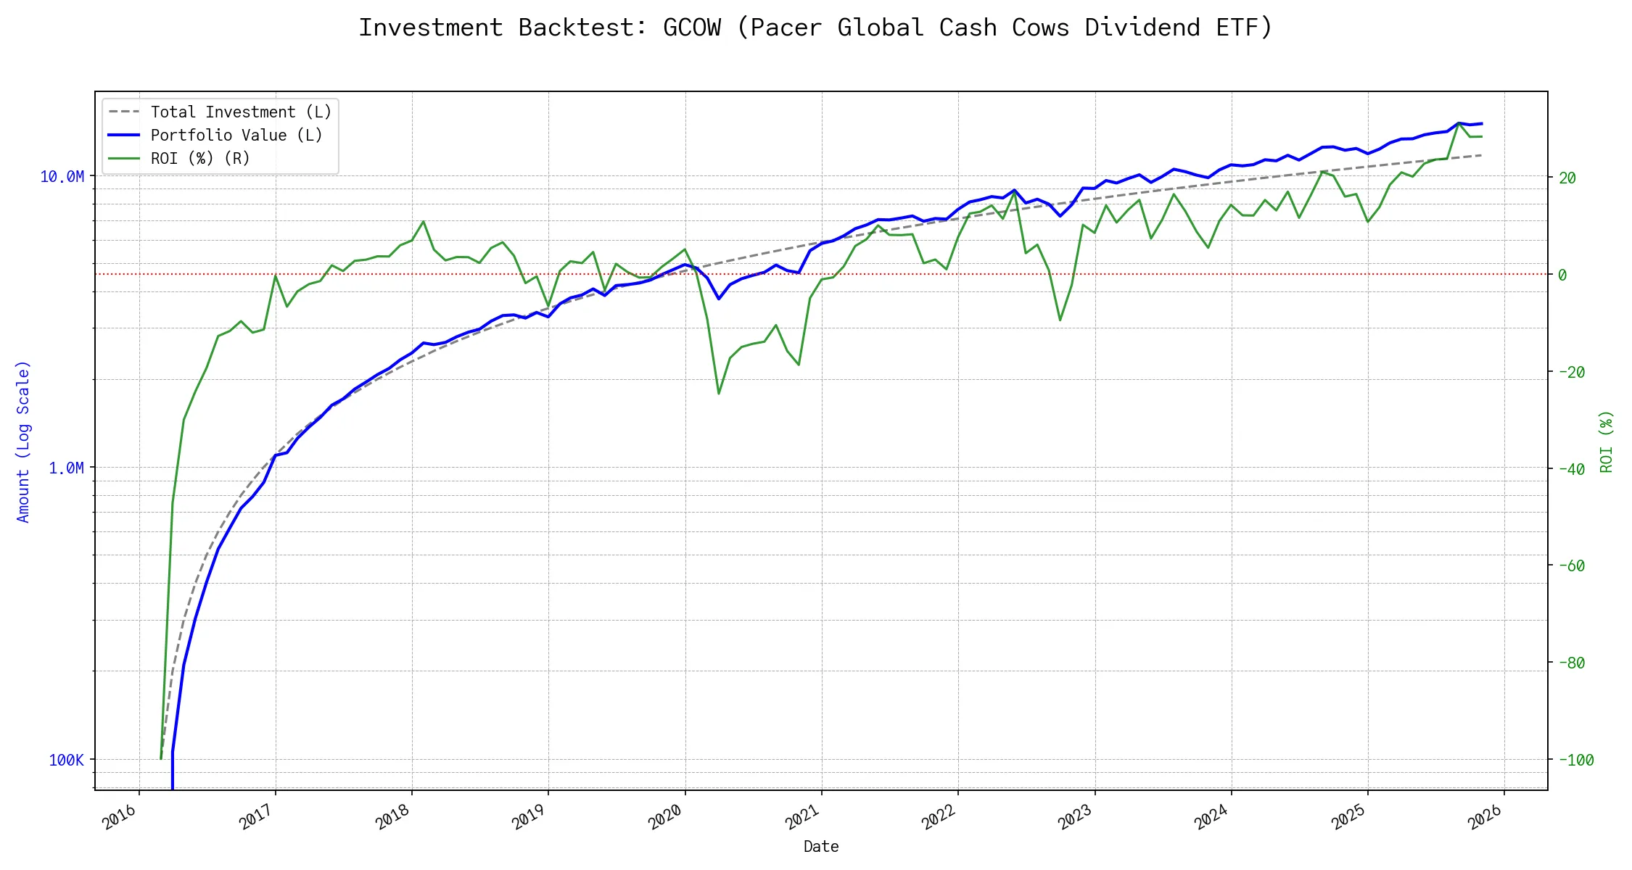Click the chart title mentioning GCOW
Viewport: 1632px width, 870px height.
(815, 28)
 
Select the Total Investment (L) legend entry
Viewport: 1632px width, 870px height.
(241, 112)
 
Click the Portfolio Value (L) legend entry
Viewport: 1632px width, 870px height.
(236, 136)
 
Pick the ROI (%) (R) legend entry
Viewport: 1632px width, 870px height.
(200, 159)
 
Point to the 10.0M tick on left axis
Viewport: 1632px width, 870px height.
(62, 177)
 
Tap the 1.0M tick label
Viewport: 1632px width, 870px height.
(66, 468)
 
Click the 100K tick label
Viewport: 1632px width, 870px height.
(66, 760)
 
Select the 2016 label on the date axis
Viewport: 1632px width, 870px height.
(120, 817)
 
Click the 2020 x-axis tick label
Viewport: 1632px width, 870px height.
(666, 817)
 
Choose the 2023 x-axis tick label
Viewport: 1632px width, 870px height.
(1076, 817)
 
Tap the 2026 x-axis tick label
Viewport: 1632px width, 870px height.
(1485, 817)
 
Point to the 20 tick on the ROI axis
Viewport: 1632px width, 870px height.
(1567, 178)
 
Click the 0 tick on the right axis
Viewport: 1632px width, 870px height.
(1562, 275)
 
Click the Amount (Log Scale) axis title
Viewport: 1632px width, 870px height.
(23, 441)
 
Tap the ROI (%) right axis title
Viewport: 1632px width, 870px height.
(1606, 441)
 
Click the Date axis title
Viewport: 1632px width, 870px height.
(821, 846)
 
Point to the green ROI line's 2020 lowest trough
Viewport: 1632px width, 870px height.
(719, 394)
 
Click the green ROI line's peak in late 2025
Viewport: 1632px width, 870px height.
(1459, 123)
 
